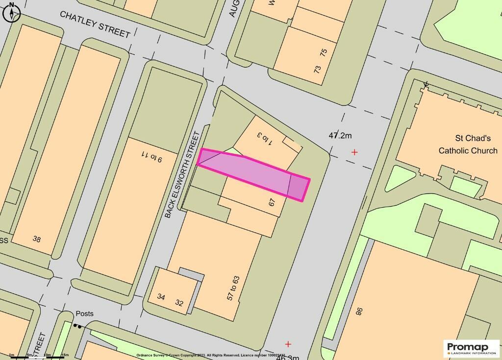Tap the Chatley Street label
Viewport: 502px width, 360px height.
[x=95, y=24]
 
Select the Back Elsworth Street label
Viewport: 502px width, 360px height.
[x=183, y=174]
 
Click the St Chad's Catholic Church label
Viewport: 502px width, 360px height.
[x=468, y=144]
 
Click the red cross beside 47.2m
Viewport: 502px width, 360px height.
[x=354, y=152]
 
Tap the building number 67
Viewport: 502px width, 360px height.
[x=273, y=203]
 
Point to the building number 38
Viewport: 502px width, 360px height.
[x=37, y=239]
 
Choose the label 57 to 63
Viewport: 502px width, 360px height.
[x=232, y=288]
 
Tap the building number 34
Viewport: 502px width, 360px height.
[x=161, y=297]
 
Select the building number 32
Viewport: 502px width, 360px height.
[x=179, y=303]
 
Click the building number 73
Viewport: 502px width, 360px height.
[x=317, y=69]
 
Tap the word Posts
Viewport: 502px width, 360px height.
[x=84, y=314]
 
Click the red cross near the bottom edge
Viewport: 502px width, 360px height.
[x=288, y=344]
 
